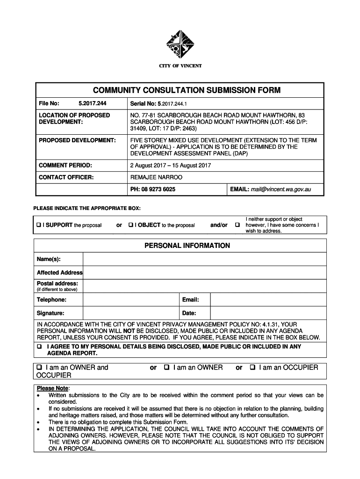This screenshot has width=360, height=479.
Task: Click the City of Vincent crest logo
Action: [180, 45]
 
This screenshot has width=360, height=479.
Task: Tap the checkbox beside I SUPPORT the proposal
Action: [39, 225]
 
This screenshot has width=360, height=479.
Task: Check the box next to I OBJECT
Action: [131, 225]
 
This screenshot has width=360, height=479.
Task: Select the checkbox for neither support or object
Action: [238, 225]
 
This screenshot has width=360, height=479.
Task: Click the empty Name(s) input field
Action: [204, 259]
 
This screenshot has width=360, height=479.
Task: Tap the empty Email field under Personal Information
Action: [268, 300]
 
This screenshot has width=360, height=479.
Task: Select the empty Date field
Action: [268, 313]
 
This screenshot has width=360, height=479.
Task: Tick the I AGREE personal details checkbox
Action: [40, 347]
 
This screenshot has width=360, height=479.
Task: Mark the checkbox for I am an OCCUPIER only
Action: [252, 368]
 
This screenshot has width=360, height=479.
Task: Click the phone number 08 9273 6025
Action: [159, 189]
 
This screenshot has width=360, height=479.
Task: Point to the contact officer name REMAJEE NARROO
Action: [156, 177]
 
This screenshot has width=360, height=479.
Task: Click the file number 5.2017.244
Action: [90, 103]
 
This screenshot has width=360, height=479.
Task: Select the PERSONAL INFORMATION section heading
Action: [180, 246]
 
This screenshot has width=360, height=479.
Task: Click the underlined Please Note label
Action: [52, 388]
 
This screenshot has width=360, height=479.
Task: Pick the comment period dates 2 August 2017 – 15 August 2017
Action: [171, 165]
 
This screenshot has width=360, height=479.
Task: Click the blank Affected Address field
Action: [204, 273]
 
